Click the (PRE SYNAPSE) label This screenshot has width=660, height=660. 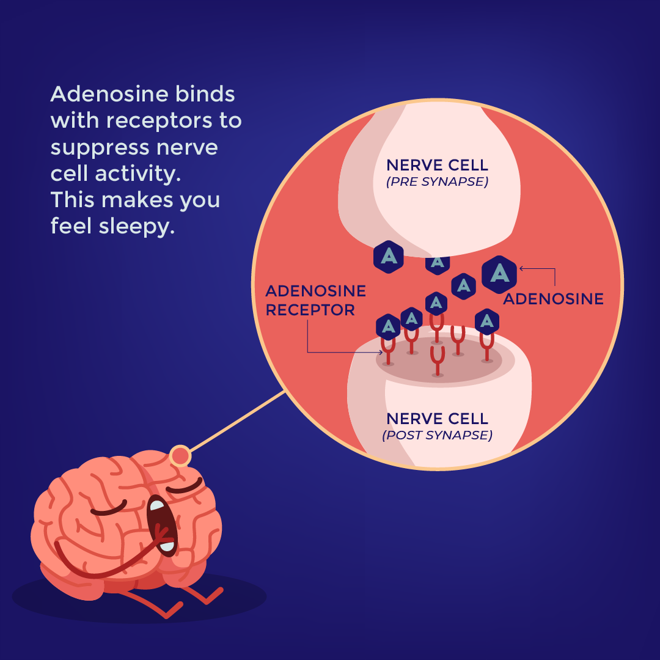(437, 182)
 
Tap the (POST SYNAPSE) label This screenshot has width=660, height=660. (437, 435)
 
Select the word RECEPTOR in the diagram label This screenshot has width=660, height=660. (310, 310)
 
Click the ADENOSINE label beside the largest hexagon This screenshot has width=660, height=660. (553, 299)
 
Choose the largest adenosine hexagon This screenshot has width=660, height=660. (499, 274)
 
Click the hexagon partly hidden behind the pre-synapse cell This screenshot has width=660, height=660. (438, 263)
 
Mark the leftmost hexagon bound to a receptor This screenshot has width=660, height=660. (388, 328)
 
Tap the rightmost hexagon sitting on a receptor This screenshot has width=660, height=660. (486, 321)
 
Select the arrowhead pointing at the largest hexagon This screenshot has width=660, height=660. (521, 268)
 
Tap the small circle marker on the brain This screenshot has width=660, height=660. (180, 456)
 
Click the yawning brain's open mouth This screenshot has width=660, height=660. (161, 526)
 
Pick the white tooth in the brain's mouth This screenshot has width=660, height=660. (157, 505)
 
